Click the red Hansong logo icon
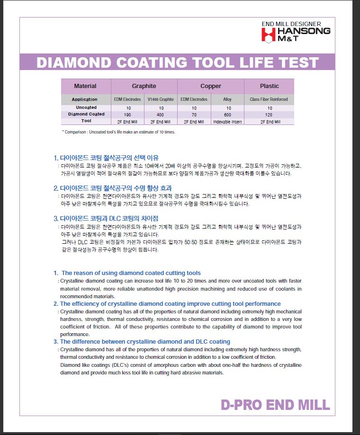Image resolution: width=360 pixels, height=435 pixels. (x=269, y=35)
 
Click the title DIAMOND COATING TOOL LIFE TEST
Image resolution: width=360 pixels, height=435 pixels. (x=177, y=62)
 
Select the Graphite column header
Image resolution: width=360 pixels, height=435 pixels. (x=144, y=86)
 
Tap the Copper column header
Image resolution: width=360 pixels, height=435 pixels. (x=210, y=86)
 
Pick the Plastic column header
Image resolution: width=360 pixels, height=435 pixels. (x=269, y=86)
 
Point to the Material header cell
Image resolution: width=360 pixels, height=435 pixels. (x=85, y=86)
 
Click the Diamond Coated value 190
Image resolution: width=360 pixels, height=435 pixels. (x=127, y=115)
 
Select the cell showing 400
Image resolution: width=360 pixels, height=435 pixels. (x=161, y=115)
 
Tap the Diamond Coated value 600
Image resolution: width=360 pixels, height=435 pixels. (x=227, y=115)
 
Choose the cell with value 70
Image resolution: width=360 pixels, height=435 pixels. (x=194, y=115)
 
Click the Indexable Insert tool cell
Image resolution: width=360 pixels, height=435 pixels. (x=227, y=121)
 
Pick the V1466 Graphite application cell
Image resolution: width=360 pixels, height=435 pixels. (x=161, y=99)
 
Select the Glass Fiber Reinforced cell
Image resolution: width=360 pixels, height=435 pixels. (x=269, y=99)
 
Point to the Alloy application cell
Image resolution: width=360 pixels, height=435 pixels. (x=227, y=99)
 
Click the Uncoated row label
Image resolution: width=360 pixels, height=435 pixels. (x=85, y=108)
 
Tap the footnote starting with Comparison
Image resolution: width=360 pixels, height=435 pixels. (x=118, y=132)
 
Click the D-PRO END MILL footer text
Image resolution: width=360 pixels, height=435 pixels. (x=275, y=405)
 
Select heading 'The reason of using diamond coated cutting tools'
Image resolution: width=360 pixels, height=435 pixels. (x=131, y=273)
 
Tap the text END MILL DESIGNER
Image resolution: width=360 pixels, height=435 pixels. (x=291, y=24)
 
